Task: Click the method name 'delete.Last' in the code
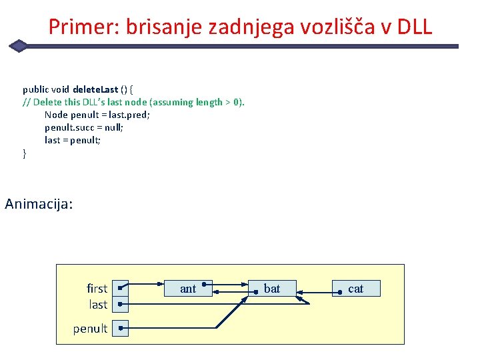coord(95,89)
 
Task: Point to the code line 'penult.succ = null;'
coord(84,127)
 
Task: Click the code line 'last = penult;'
coord(73,140)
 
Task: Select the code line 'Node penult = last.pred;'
coord(97,115)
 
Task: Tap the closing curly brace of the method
coord(25,154)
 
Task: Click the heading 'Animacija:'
coord(39,203)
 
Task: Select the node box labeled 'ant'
coord(188,289)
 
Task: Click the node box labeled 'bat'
coord(272,289)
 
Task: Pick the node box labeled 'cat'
coord(355,289)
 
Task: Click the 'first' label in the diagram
coord(97,289)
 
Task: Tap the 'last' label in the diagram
coord(98,305)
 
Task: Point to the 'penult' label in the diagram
coord(90,329)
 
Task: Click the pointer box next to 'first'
coord(120,289)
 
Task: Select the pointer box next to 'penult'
coord(120,329)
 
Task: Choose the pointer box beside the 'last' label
coord(120,305)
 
